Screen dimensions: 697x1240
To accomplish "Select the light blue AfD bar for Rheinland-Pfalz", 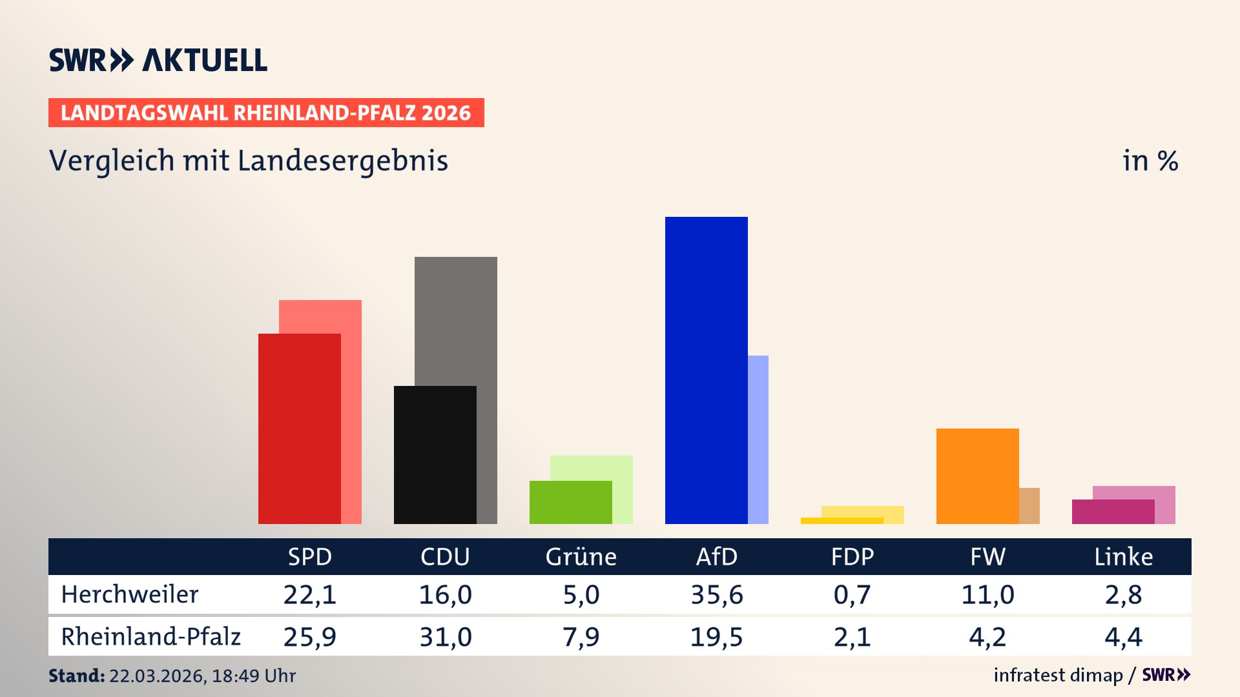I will coord(758,439).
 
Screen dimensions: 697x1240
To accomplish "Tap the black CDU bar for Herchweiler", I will coord(435,454).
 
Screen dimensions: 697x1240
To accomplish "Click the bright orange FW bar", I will coord(977,476).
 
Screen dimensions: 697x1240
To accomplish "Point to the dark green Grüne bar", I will coord(570,502).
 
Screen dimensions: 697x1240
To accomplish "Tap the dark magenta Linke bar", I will coord(1113,512).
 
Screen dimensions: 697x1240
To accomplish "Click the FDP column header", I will coord(852,556).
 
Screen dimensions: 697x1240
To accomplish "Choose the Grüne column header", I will coord(581,556).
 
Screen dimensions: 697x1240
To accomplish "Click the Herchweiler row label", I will coord(130,594).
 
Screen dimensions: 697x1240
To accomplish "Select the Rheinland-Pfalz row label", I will coord(150,637).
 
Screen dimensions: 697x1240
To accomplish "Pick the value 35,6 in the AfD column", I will coord(716,594).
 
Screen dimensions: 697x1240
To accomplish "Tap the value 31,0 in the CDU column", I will coord(446,637).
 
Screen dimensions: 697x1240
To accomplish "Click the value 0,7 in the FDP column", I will coord(852,594).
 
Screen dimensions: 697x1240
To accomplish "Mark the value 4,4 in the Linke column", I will coord(1123,637).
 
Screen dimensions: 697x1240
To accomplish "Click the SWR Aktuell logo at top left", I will coord(158,60).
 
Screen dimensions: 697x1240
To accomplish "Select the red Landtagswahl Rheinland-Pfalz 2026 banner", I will coord(266,113).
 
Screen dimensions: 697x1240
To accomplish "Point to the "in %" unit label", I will coord(1150,161).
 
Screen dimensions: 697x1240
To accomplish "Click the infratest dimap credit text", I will coord(1058,675).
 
